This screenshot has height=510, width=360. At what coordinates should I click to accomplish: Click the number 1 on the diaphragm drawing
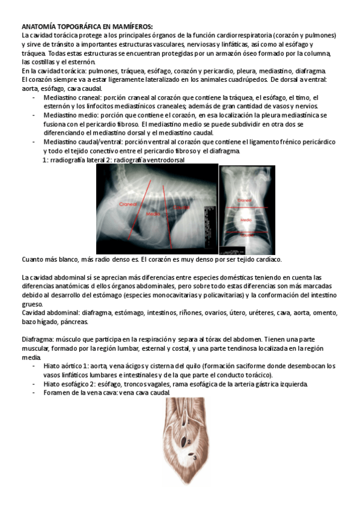188,422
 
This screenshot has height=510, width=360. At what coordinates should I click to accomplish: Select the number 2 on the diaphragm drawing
189,442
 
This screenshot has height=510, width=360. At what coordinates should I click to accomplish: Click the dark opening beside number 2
180,443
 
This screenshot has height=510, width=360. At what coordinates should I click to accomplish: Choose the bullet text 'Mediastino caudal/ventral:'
84,142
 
